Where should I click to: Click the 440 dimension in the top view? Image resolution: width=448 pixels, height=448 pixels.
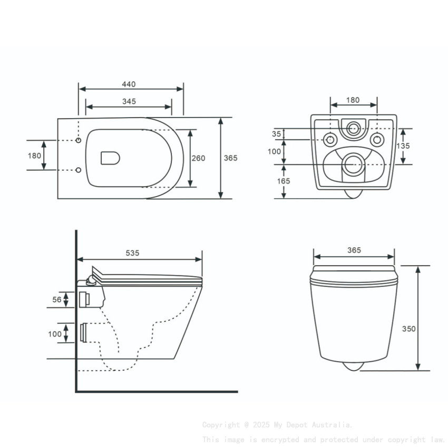point(129,84)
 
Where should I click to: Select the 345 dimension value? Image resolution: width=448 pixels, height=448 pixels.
point(129,101)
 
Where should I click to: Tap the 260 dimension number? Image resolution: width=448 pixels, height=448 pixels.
point(198,158)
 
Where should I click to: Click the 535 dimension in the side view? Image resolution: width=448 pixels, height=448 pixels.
point(132,253)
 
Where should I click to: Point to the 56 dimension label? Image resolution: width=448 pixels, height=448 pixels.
point(56,299)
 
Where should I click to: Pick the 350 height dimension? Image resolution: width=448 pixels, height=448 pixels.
point(409,328)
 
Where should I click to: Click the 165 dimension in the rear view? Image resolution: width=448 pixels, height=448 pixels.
point(284,181)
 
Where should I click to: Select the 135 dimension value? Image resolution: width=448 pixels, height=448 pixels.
point(403,146)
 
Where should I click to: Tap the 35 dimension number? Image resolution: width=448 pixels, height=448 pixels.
point(277,134)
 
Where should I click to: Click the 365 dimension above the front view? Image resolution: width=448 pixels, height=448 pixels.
point(354,250)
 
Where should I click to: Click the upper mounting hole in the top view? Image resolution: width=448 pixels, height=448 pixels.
point(79,140)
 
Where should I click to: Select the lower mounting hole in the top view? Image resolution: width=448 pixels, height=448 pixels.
point(79,170)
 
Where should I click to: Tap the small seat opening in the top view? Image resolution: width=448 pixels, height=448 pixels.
point(110,157)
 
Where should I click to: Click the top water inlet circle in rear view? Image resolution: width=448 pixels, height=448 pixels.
point(354,127)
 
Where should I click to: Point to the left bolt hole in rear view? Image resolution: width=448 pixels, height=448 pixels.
point(330,140)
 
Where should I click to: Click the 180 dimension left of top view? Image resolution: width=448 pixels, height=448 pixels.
point(34,155)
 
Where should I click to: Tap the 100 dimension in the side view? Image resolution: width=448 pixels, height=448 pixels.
point(55,334)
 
